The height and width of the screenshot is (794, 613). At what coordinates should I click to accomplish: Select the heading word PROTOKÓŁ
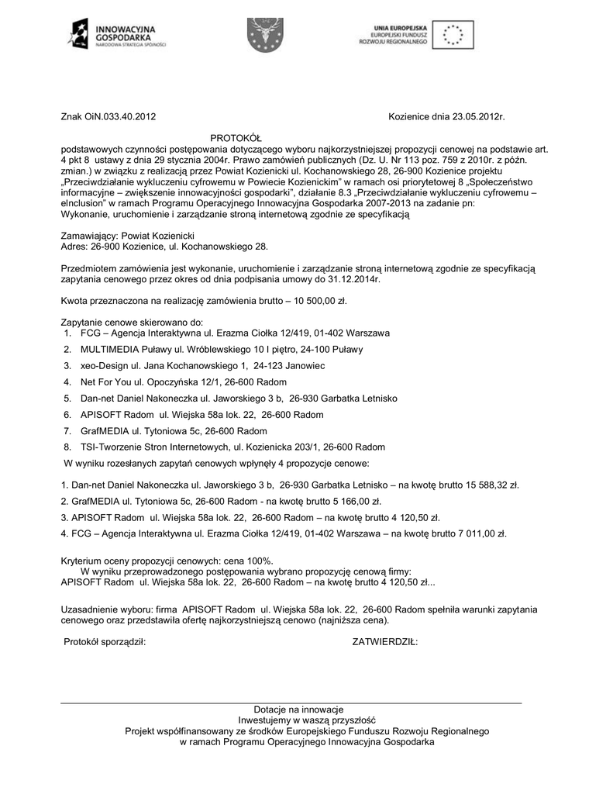(238, 136)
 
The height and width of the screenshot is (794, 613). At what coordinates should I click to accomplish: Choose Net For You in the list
(105, 381)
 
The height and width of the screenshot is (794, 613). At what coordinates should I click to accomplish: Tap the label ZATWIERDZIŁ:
(385, 642)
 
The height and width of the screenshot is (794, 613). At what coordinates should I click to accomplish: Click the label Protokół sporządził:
(104, 642)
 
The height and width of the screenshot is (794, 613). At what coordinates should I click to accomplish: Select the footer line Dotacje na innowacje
(298, 709)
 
